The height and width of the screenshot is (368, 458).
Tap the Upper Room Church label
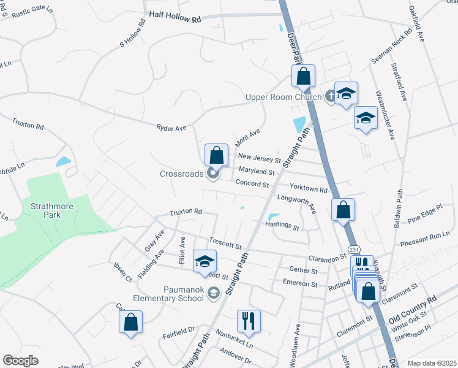[x=283, y=97]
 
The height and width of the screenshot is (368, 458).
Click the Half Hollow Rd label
[x=175, y=19]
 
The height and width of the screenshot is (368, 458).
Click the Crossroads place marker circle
[x=213, y=174]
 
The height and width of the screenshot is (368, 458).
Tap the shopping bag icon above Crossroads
[x=216, y=155]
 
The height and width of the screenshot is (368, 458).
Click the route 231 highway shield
[x=354, y=250]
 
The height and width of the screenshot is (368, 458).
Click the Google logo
[x=21, y=361]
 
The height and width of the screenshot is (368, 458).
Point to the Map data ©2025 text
[x=432, y=363]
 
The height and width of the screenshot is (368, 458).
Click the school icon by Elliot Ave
[x=205, y=261]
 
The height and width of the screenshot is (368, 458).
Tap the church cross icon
[x=330, y=95]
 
